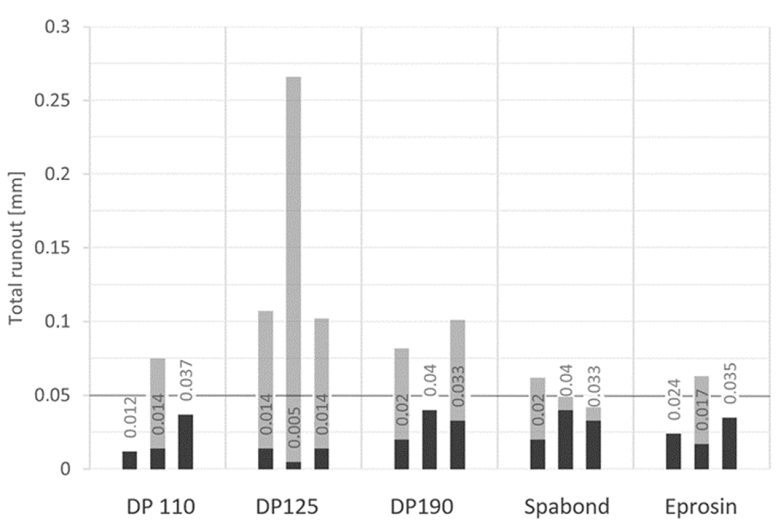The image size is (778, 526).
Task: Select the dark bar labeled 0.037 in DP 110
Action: (x=185, y=442)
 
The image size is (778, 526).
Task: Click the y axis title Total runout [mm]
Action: (x=16, y=248)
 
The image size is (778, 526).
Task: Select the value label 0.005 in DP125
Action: (x=294, y=428)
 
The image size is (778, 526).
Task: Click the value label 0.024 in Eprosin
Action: (x=674, y=399)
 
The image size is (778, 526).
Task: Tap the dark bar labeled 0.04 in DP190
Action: (x=429, y=439)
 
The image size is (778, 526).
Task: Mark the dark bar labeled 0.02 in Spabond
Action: (x=538, y=454)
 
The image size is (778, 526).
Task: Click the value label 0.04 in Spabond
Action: (x=566, y=380)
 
